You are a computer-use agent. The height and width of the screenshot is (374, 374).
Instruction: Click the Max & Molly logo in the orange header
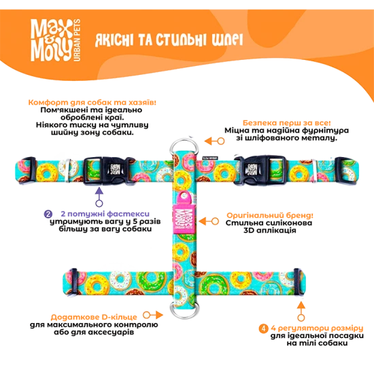click(56, 40)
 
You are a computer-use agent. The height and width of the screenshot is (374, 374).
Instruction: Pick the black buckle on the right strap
click(260, 170)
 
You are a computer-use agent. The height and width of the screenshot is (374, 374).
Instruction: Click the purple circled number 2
click(48, 214)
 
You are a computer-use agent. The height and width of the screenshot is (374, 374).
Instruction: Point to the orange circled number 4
click(263, 328)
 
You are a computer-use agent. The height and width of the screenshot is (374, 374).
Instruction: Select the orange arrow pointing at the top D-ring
click(214, 141)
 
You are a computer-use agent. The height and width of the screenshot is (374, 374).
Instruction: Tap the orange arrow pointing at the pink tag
click(209, 222)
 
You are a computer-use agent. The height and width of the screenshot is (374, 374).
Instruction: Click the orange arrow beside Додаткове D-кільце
click(153, 316)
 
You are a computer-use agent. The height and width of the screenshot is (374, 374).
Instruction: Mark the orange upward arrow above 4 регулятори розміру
click(301, 311)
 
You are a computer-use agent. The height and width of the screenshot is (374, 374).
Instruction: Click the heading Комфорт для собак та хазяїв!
click(92, 102)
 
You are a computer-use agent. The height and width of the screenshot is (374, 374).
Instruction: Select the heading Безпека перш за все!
click(287, 123)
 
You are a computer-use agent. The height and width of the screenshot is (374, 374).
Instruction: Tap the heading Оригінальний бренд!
click(270, 215)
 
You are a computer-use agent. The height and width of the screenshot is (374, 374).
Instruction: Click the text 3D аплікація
click(270, 231)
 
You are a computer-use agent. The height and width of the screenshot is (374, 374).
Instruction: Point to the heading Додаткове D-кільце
click(94, 317)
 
